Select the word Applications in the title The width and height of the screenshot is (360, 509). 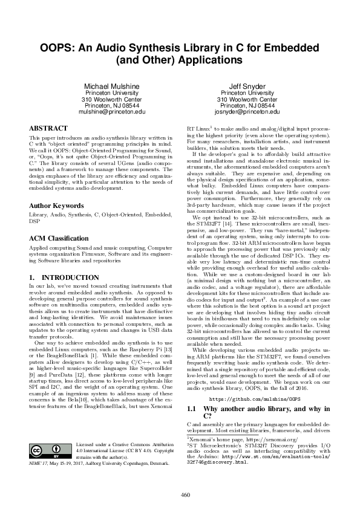(203, 60)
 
